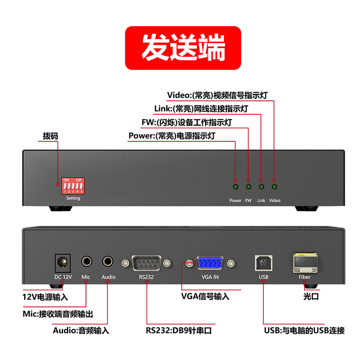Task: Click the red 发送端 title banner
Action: pyautogui.click(x=183, y=48)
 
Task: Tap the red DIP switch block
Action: pyautogui.click(x=73, y=186)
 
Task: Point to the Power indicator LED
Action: pyautogui.click(x=235, y=187)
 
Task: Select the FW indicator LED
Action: pyautogui.click(x=248, y=187)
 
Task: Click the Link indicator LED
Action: pyautogui.click(x=261, y=187)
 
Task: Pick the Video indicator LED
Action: pyautogui.click(x=274, y=187)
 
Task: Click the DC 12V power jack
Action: pyautogui.click(x=63, y=263)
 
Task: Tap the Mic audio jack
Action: pyautogui.click(x=86, y=261)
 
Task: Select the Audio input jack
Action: pyautogui.click(x=108, y=261)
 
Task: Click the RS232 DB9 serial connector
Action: pyautogui.click(x=146, y=263)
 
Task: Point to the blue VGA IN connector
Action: pyautogui.click(x=210, y=263)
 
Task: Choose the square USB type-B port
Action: pyautogui.click(x=264, y=263)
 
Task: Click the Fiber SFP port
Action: pyautogui.click(x=305, y=263)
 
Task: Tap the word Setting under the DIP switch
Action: pyautogui.click(x=73, y=198)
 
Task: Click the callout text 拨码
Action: pyautogui.click(x=50, y=136)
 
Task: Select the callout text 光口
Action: pyautogui.click(x=311, y=297)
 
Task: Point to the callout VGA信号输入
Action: pyautogui.click(x=205, y=297)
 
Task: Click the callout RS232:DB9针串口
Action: pyautogui.click(x=179, y=330)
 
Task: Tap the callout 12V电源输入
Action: pyautogui.click(x=45, y=297)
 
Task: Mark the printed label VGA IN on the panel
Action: pyautogui.click(x=210, y=277)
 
